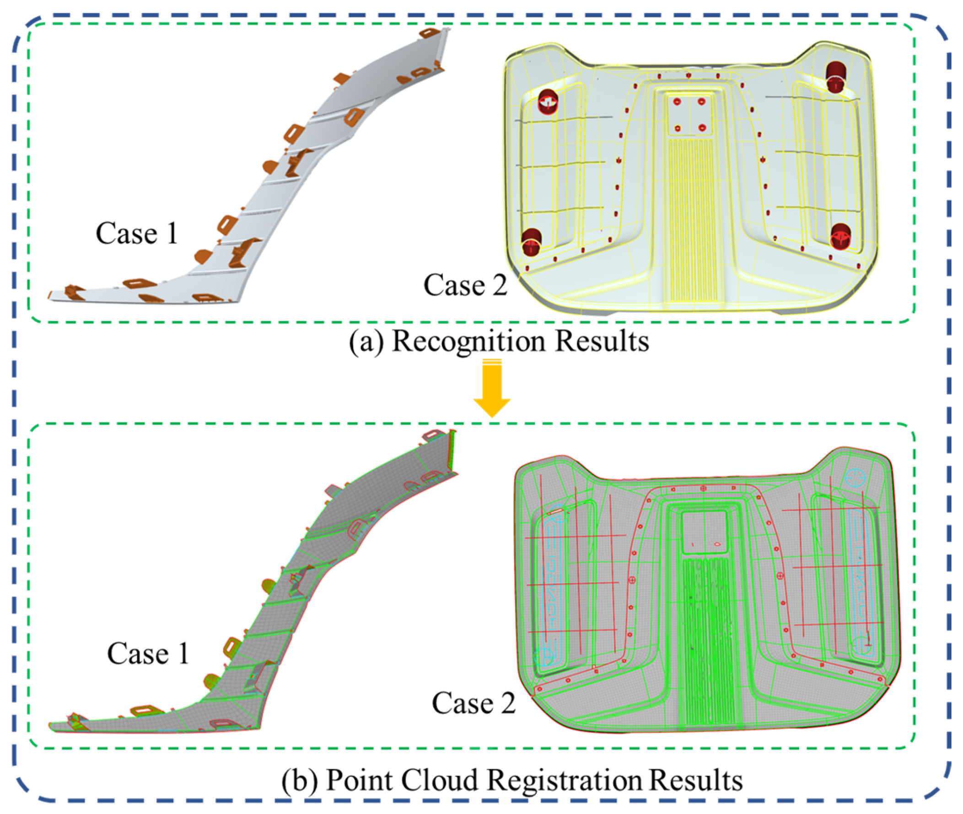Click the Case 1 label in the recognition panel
[x=137, y=233]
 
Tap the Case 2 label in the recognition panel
[x=466, y=285]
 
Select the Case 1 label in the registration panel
[x=148, y=654]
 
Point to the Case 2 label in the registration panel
[x=473, y=703]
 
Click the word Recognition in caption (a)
[x=469, y=342]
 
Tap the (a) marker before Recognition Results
[x=366, y=342]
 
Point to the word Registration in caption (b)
[x=565, y=781]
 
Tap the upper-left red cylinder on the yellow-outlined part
[x=548, y=101]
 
